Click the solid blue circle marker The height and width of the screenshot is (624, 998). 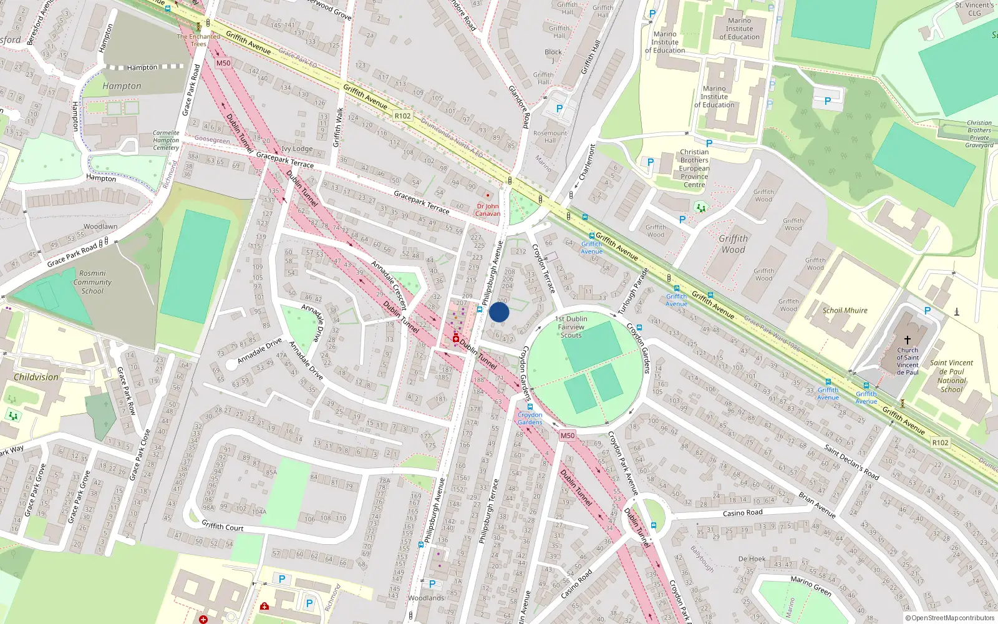499,312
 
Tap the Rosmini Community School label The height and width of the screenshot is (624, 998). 92,282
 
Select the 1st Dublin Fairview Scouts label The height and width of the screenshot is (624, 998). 571,327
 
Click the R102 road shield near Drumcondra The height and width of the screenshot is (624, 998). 402,116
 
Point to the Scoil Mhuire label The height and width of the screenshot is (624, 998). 845,310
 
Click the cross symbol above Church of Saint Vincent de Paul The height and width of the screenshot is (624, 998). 908,339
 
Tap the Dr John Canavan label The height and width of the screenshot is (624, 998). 488,210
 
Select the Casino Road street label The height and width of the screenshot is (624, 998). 742,513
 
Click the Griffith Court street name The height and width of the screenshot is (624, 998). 222,527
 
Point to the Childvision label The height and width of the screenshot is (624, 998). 36,377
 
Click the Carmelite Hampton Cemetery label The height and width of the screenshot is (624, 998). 166,140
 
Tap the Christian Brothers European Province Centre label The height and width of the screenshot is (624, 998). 694,168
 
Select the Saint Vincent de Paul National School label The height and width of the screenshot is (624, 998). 951,376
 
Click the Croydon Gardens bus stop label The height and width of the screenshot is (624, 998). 530,418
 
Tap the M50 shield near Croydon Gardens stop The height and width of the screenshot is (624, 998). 567,436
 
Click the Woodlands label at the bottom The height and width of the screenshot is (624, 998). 426,598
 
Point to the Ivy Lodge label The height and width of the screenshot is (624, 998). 297,149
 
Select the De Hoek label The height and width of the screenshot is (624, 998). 752,559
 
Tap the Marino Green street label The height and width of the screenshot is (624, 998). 810,585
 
